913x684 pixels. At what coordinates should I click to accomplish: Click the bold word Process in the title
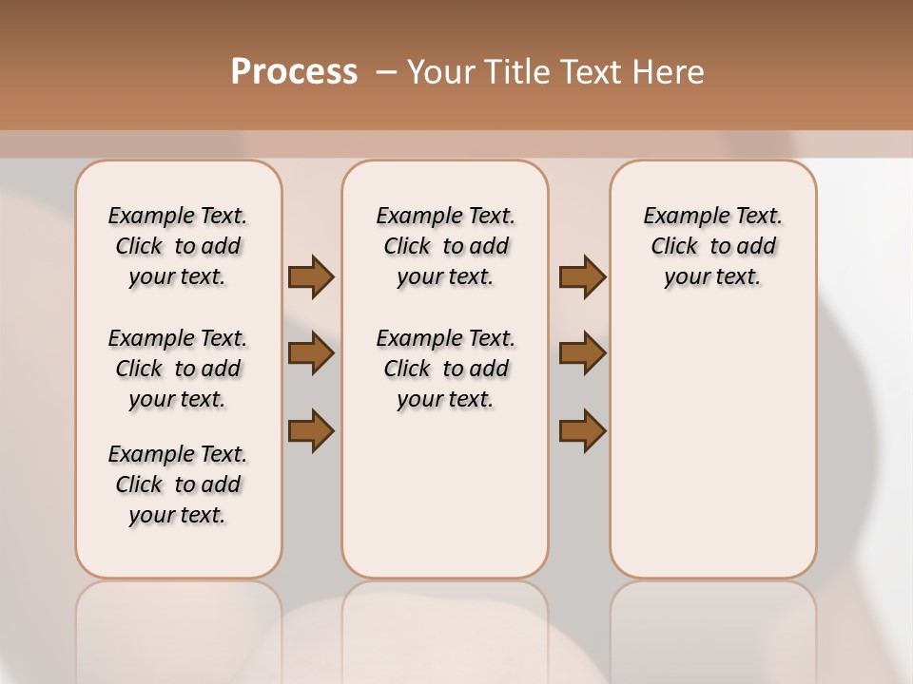point(294,71)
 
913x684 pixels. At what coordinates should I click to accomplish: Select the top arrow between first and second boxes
point(311,277)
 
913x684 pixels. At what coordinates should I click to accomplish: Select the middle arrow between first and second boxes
point(311,353)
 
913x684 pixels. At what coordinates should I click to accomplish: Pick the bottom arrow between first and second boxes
point(311,429)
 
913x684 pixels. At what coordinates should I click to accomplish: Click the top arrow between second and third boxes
point(582,277)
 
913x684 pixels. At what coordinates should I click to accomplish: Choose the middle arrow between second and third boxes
point(582,353)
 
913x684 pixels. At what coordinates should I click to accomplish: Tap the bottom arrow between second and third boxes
point(582,429)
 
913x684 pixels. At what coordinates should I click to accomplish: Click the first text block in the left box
point(178,246)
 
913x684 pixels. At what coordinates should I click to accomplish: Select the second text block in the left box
point(178,369)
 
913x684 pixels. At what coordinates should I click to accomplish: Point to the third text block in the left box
point(178,484)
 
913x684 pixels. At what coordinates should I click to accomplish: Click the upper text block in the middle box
point(445,246)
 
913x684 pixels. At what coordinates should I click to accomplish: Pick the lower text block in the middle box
point(445,369)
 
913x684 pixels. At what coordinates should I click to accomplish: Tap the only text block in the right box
point(712,246)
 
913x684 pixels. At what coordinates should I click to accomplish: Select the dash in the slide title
point(386,71)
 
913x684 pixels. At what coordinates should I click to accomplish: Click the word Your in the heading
point(440,71)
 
